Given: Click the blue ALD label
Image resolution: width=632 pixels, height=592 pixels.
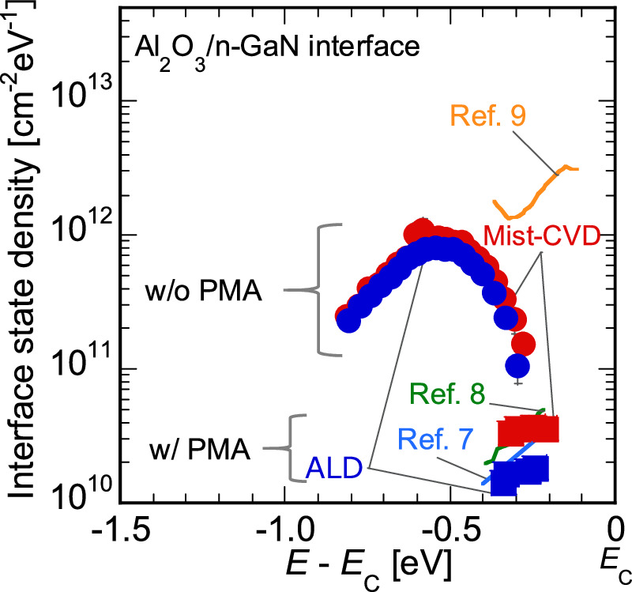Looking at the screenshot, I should (x=334, y=469).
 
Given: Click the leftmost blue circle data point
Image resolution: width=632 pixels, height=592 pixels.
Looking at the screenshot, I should (x=349, y=321).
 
